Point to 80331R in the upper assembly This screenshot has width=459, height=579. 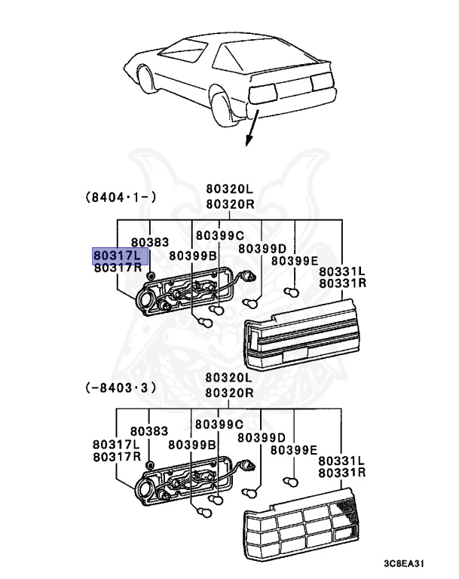point(342,283)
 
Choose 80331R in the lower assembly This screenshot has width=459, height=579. point(342,473)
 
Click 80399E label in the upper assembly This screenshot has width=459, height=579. point(295,261)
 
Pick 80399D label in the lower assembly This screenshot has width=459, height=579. point(262,437)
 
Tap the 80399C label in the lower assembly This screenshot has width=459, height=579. point(219,424)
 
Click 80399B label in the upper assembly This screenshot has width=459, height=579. point(193,256)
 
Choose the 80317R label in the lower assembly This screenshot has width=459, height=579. point(117,457)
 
